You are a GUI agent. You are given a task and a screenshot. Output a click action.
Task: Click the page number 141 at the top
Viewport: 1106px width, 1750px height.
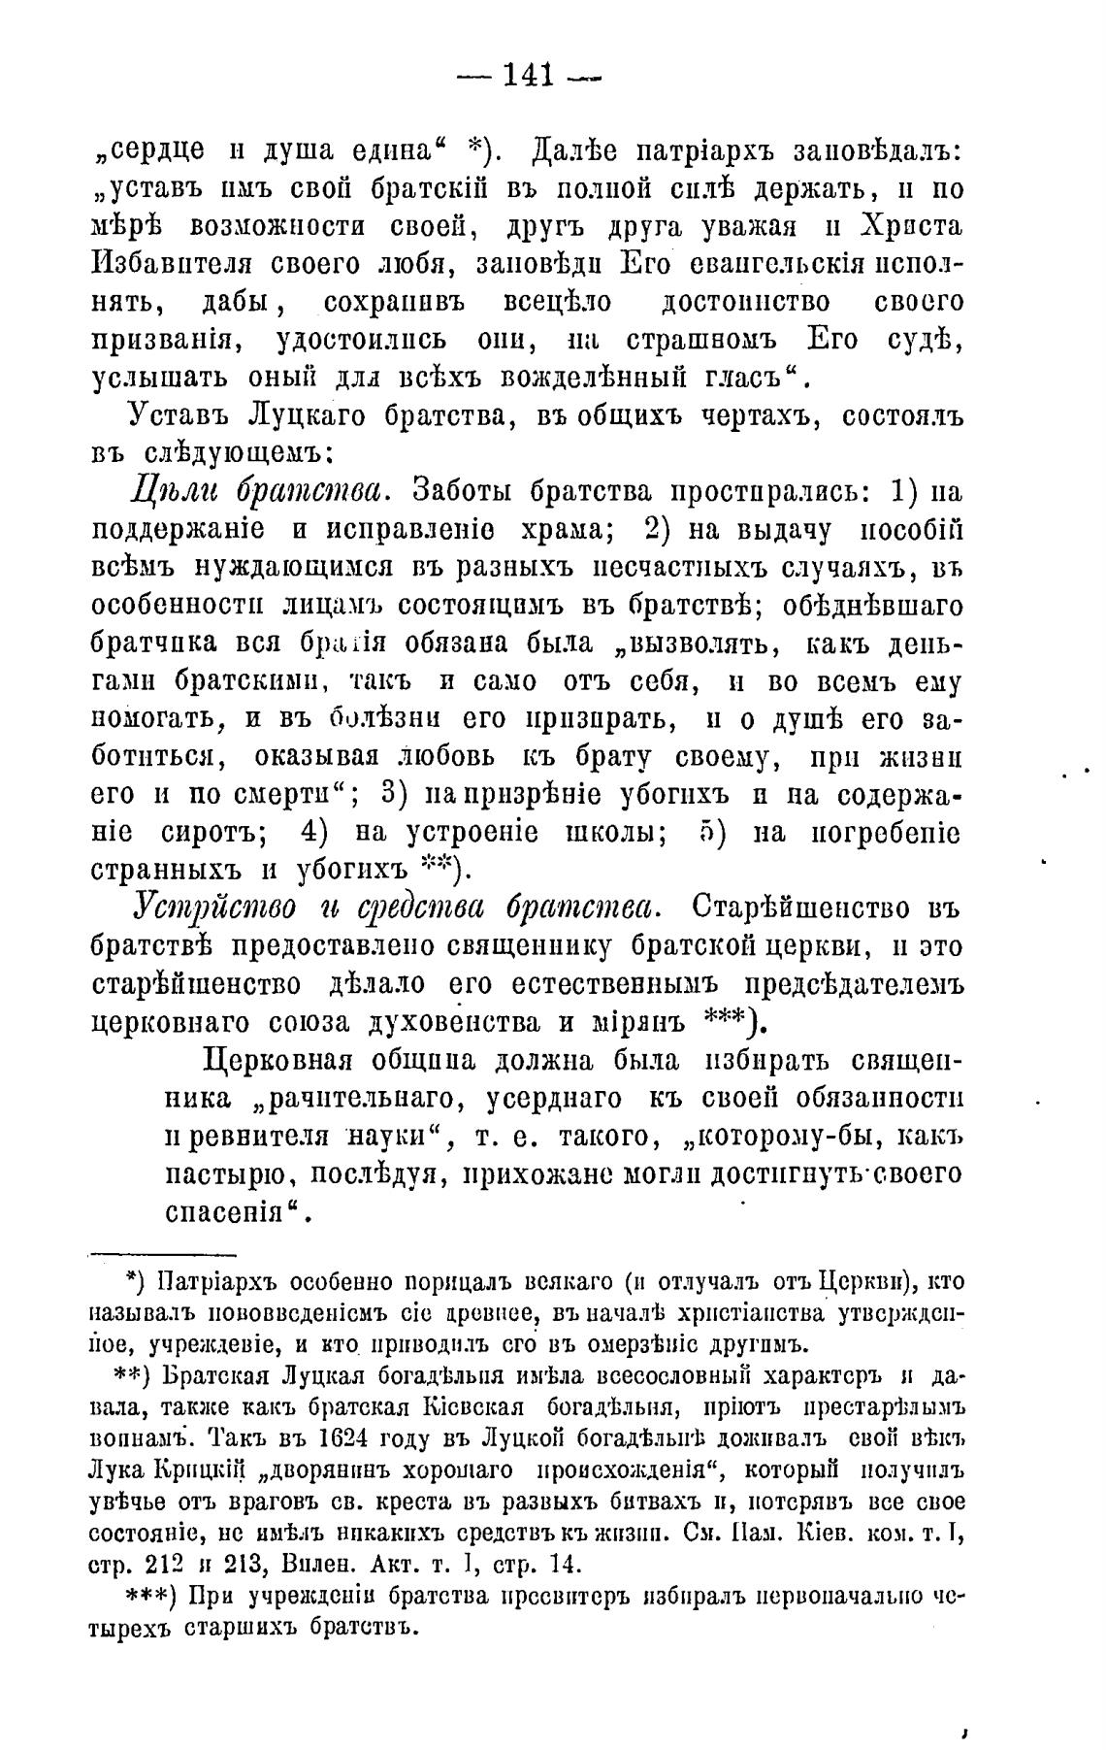pyautogui.click(x=528, y=75)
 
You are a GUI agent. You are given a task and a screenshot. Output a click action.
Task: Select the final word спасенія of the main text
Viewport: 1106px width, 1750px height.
pyautogui.click(x=228, y=1212)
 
